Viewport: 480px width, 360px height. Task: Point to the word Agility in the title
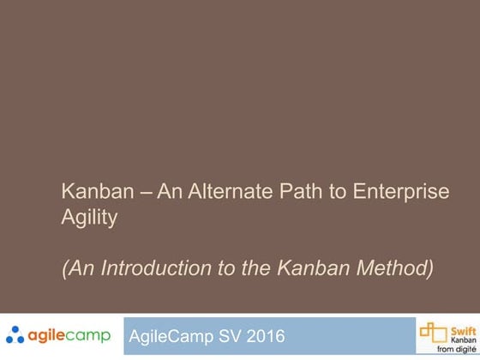(x=89, y=218)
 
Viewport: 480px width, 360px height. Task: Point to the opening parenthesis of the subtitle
(x=65, y=268)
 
